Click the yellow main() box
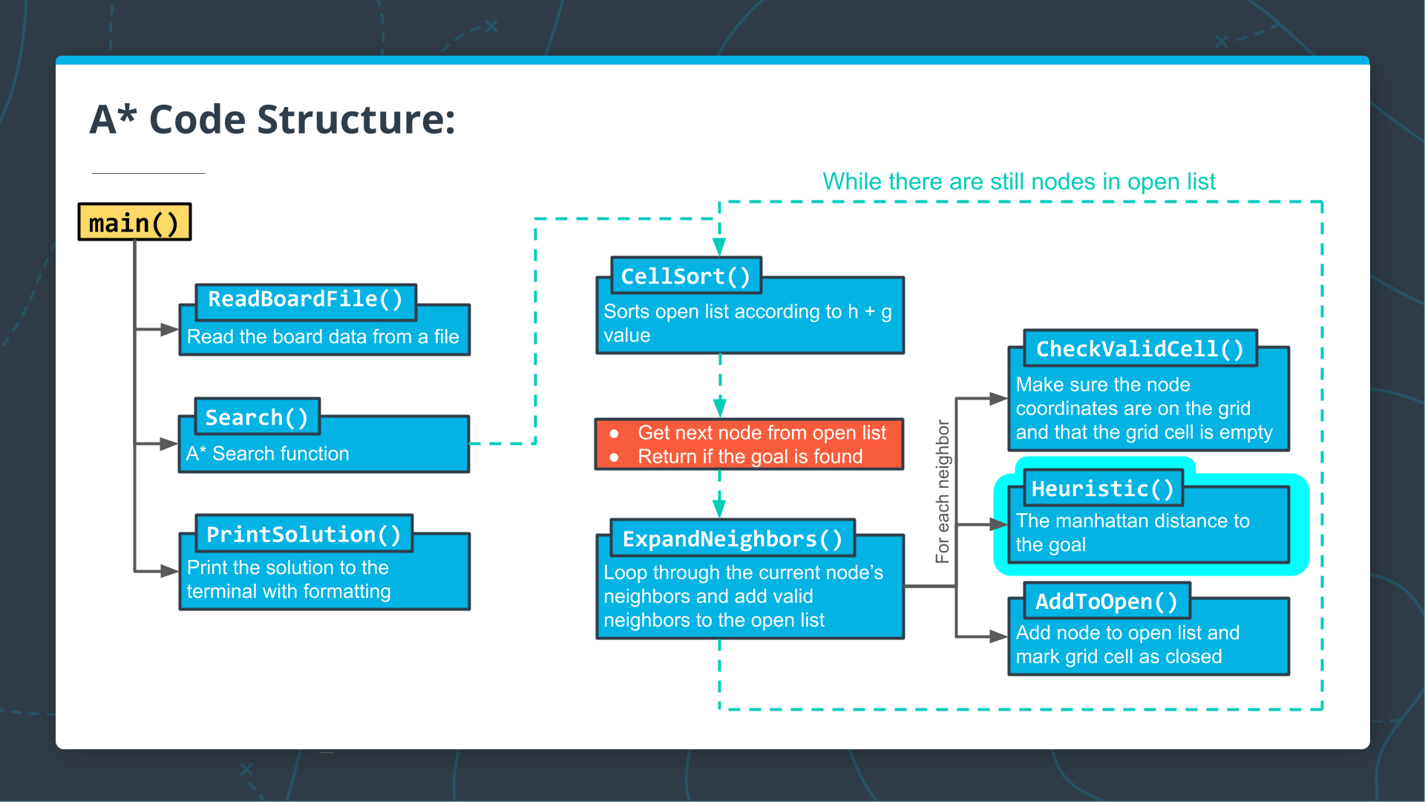[x=134, y=222]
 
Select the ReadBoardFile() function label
[x=305, y=299]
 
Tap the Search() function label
[x=257, y=417]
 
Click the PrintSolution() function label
[x=304, y=535]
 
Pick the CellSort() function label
[x=686, y=276]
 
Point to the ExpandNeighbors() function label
[x=732, y=539]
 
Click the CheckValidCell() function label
[x=1140, y=349]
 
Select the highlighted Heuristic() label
[x=1103, y=489]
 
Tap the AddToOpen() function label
[x=1106, y=601]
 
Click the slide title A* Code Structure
[x=272, y=120]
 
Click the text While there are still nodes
[x=1018, y=182]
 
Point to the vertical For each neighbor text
[x=943, y=491]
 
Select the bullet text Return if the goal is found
[x=750, y=457]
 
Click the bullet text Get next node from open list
[x=761, y=433]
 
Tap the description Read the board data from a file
[x=323, y=337]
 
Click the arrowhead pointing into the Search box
[x=169, y=444]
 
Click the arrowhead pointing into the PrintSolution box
[x=169, y=571]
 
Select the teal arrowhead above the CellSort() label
[x=719, y=247]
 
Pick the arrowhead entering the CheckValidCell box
[x=998, y=399]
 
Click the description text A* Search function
[x=267, y=454]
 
